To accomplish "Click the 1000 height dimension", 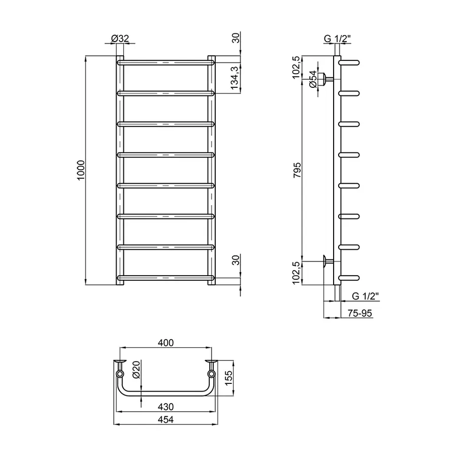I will pyautogui.click(x=80, y=169).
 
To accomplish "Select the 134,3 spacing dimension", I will pyautogui.click(x=235, y=78).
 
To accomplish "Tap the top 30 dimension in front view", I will pyautogui.click(x=235, y=38).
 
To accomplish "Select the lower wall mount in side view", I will pyautogui.click(x=325, y=261).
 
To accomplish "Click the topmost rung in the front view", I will pyautogui.click(x=166, y=62).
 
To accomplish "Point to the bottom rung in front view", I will pyautogui.click(x=166, y=278).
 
